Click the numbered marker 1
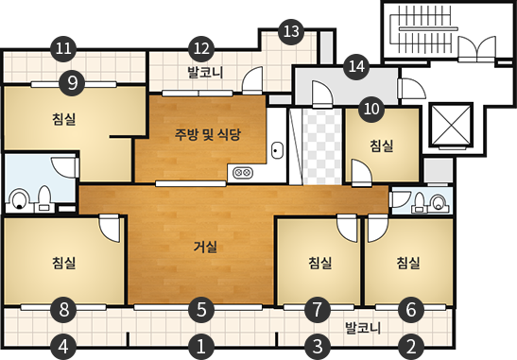coord(199,346)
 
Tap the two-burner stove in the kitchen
coord(241,173)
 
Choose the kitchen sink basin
coord(277,149)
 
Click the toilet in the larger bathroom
coord(20,199)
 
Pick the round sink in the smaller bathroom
coord(438,200)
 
